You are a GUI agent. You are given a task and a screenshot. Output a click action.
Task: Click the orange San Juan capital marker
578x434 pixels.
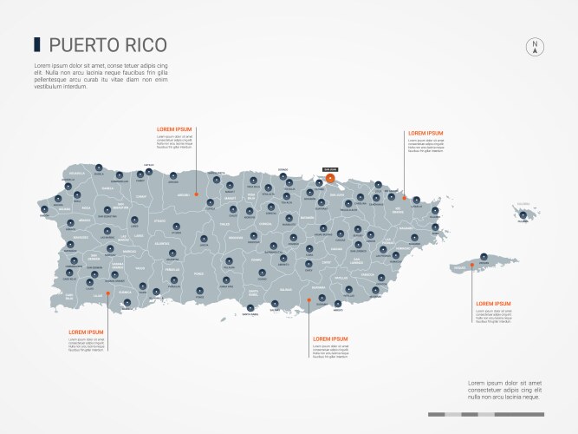point(330,177)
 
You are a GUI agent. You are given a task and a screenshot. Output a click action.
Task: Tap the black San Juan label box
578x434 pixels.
point(329,169)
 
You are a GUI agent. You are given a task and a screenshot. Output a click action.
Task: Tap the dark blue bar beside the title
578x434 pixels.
point(36,43)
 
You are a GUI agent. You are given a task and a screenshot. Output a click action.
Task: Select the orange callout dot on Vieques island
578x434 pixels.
point(472,265)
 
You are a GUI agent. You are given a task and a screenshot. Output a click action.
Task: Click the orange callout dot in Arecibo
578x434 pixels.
point(197,194)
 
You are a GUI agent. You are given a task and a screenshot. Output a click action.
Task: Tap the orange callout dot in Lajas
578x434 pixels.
point(107,293)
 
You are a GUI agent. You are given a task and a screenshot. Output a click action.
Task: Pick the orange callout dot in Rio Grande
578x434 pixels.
point(404,197)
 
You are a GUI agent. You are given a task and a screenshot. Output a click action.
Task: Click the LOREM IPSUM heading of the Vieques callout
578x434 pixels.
point(493,303)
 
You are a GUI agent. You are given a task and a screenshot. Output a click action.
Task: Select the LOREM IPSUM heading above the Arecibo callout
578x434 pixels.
point(174,128)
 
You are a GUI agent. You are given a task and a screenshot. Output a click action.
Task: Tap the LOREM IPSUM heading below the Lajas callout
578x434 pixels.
point(86,332)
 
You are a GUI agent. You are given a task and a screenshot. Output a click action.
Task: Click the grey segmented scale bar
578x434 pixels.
point(485,414)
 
